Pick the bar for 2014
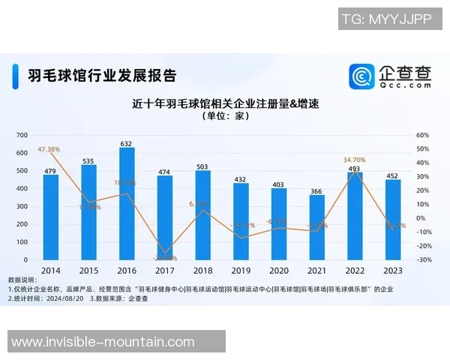[x=51, y=217]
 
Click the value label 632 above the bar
[x=127, y=143]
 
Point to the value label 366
[x=316, y=190]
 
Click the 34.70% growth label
[x=355, y=160]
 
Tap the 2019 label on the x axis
[x=241, y=270]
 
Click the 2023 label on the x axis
[x=392, y=270]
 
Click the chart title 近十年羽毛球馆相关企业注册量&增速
[x=224, y=104]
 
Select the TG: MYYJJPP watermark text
[x=386, y=19]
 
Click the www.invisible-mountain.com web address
[x=103, y=342]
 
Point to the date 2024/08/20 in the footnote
[x=65, y=298]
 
